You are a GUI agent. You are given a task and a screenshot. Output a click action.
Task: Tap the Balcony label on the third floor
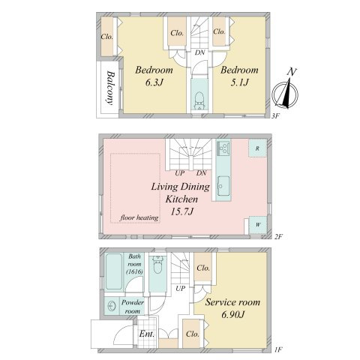click(110, 88)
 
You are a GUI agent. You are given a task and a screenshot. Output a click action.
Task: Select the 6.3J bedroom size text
click(154, 82)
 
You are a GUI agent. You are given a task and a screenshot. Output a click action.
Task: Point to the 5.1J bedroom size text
click(239, 82)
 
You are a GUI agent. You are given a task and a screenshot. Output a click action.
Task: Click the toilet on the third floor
click(199, 100)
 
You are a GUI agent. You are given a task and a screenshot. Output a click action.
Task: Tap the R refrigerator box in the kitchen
click(257, 148)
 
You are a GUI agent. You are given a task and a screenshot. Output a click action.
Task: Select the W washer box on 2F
click(258, 225)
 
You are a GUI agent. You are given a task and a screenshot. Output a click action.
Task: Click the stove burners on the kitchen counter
click(223, 147)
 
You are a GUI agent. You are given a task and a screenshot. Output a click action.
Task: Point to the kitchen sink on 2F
click(223, 186)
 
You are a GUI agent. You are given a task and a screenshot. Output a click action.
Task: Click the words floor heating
click(139, 217)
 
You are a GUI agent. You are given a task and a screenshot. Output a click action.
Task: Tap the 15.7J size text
click(181, 211)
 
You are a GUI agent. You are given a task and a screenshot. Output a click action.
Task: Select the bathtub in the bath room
click(113, 271)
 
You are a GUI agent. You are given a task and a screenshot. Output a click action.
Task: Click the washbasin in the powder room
click(112, 306)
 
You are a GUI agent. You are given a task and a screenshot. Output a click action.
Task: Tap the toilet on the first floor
click(157, 265)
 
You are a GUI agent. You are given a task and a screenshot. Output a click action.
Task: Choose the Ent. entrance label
click(147, 334)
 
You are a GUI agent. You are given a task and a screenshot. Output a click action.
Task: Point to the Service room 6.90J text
click(232, 308)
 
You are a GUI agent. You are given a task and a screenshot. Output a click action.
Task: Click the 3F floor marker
click(275, 116)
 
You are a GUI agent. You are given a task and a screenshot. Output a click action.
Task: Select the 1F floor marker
click(278, 349)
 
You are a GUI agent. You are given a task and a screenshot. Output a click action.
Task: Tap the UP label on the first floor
click(180, 289)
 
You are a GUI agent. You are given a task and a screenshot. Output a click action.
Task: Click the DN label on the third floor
click(199, 52)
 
